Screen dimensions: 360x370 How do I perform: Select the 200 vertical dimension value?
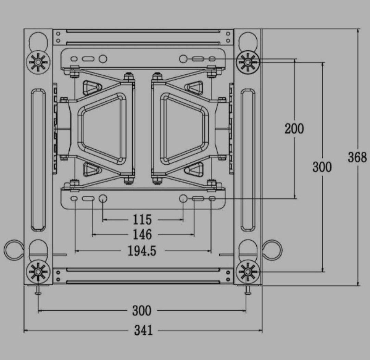(294, 129)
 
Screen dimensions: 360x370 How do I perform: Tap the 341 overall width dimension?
(143, 331)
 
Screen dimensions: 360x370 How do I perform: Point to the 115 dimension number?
(142, 219)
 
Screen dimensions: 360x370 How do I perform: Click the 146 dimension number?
(142, 235)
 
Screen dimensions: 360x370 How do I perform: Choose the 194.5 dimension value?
(142, 251)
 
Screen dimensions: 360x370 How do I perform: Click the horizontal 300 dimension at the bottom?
(141, 311)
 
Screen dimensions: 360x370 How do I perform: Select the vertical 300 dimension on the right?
(322, 167)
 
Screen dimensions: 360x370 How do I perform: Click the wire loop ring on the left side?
(13, 250)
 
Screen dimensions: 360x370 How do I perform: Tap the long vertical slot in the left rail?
(38, 159)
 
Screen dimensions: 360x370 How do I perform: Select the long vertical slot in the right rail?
(248, 159)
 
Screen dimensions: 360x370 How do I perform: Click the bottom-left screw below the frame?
(38, 291)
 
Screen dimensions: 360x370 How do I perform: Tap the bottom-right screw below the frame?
(248, 291)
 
